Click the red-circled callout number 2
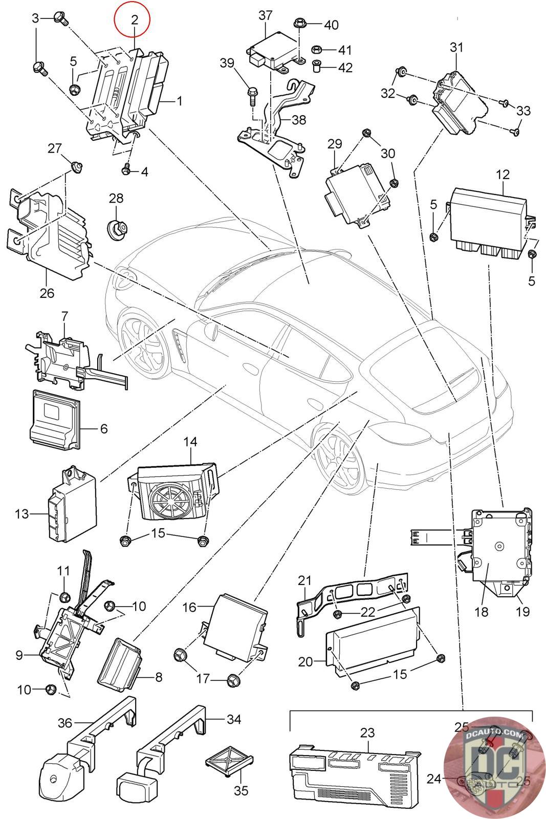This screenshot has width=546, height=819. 135,20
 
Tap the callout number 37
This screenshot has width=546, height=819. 266,15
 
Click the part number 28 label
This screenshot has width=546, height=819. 116,198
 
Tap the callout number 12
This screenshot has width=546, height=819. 503,175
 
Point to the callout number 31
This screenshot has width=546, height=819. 456,48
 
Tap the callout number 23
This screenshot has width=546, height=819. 367,732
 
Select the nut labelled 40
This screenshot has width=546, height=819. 300,23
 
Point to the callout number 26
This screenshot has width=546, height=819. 47,294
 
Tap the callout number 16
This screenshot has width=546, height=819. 190,608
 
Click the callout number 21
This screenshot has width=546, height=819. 304,580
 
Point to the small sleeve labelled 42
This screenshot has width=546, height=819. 317,66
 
